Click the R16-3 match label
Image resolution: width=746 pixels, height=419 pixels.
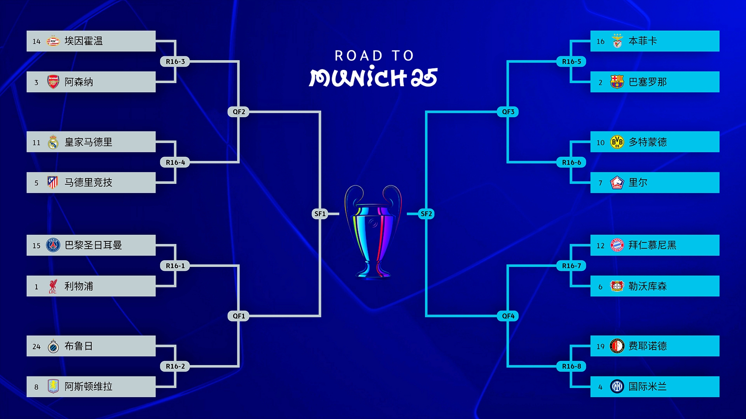tap(175, 61)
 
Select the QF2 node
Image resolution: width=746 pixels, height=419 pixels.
tap(239, 112)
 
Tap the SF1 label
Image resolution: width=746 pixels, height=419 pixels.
tap(320, 214)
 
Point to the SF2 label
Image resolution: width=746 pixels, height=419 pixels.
tap(426, 214)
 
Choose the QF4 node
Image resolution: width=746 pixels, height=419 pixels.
tap(508, 316)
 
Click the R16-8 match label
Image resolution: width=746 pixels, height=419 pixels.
tap(571, 366)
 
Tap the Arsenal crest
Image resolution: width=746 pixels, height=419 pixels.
tap(53, 82)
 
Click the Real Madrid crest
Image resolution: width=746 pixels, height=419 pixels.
tap(53, 142)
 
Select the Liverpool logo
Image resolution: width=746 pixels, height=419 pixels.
tap(53, 286)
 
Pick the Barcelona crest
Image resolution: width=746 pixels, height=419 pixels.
tap(617, 82)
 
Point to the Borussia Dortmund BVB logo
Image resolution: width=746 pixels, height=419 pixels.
tap(617, 142)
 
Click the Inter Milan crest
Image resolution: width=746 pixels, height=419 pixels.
tap(617, 386)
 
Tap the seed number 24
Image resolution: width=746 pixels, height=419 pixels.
tap(37, 346)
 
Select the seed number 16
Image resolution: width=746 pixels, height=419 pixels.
tap(600, 42)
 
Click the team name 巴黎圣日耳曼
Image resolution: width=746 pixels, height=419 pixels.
tap(93, 245)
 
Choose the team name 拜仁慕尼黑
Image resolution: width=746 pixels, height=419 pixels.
tap(652, 245)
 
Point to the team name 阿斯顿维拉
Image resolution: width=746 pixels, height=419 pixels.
tap(89, 386)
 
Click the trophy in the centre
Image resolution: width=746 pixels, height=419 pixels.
tap(373, 232)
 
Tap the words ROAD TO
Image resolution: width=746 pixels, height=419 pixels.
tap(374, 56)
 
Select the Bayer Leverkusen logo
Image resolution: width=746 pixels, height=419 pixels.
tap(617, 286)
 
